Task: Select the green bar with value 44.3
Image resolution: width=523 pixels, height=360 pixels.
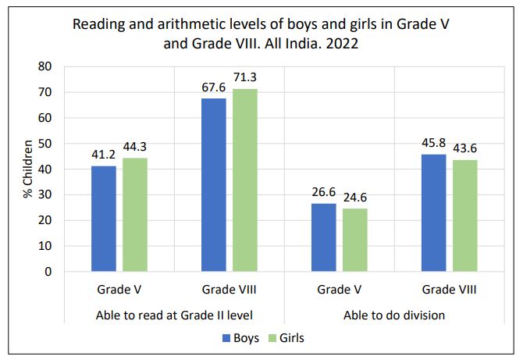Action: (135, 215)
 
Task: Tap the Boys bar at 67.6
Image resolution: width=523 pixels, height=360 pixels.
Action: (213, 185)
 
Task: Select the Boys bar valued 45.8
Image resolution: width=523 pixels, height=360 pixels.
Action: (434, 212)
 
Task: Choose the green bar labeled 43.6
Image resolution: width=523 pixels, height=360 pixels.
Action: (464, 216)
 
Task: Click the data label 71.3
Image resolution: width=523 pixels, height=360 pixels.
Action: (244, 77)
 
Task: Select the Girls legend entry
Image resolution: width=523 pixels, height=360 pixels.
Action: (286, 339)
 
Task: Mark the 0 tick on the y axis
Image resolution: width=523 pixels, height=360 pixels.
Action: (48, 272)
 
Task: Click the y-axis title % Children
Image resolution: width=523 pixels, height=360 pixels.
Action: (28, 169)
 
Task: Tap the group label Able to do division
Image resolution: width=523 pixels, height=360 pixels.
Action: (394, 315)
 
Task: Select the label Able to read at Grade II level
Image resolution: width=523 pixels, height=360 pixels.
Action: (175, 315)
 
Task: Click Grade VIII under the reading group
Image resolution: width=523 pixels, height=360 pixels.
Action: (229, 290)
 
